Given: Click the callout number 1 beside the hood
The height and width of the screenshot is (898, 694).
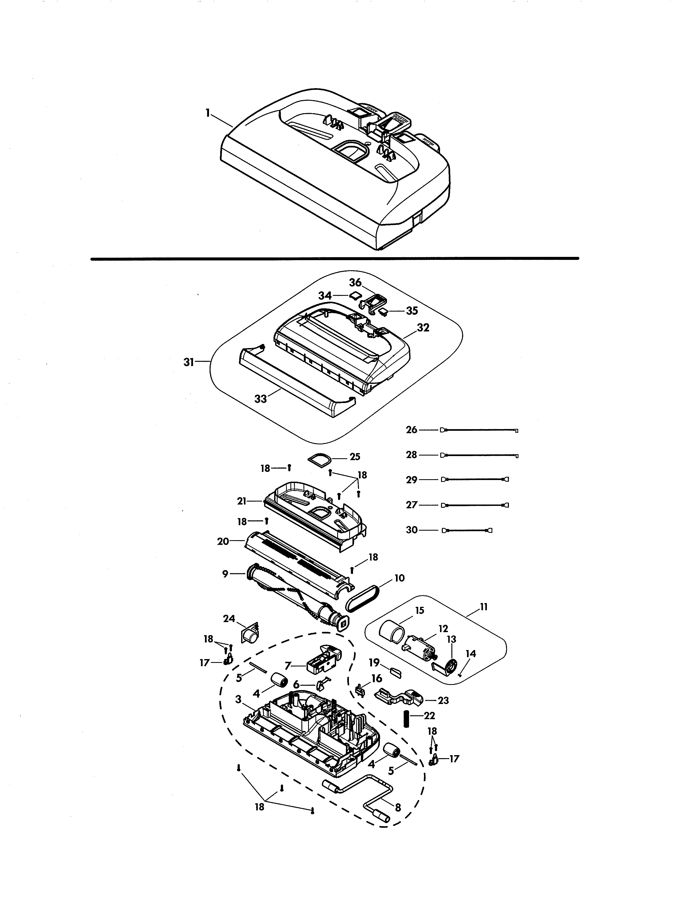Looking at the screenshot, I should (x=208, y=112).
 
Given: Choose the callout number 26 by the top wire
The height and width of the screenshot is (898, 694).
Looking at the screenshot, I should (x=412, y=430).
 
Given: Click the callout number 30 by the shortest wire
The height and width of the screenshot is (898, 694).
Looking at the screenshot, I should (x=412, y=530).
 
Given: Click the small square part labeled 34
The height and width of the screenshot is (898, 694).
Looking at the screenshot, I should (x=354, y=295).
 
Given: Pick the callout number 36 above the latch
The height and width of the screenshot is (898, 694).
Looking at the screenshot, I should (x=355, y=282).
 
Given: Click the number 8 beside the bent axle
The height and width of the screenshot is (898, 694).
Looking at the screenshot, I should (x=398, y=808).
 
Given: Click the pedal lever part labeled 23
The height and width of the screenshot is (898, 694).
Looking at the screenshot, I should (x=399, y=695).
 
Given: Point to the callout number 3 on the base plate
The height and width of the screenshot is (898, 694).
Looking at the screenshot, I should (x=238, y=699).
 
